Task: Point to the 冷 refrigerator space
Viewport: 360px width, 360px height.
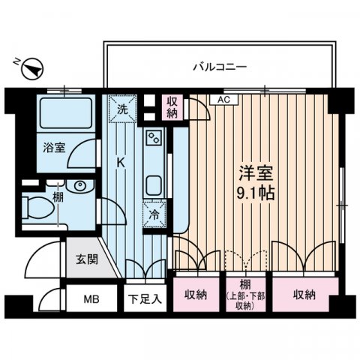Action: (x=153, y=213)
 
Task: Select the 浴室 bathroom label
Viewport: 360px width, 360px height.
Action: (x=55, y=148)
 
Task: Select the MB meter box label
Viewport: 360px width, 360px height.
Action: (x=91, y=299)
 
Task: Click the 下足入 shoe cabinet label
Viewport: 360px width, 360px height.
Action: (x=145, y=299)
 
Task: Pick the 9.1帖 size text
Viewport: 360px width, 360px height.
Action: (x=256, y=192)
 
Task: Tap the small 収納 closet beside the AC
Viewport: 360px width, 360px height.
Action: (x=173, y=106)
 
